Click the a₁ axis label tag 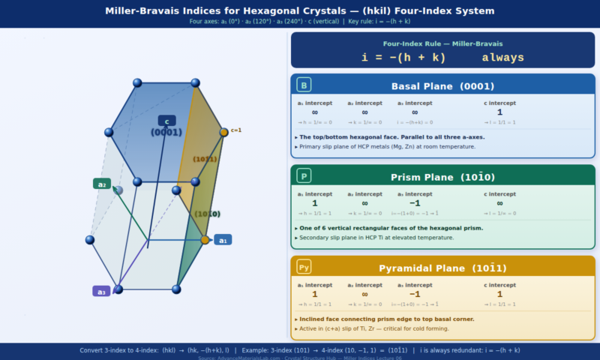[x=223, y=240]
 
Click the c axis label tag [x=166, y=121]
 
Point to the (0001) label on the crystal [x=166, y=132]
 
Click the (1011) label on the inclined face [x=205, y=159]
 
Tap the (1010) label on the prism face [x=208, y=214]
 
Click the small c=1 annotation [x=236, y=130]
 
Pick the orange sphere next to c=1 [x=223, y=133]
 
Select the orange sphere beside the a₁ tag [x=205, y=240]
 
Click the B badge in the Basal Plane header [x=304, y=85]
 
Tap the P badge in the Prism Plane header [x=304, y=176]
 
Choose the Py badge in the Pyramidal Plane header [x=304, y=268]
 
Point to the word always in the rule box [x=502, y=58]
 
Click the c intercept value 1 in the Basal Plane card [x=499, y=112]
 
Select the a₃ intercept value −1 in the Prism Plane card [x=414, y=203]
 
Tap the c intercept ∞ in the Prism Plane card [x=499, y=203]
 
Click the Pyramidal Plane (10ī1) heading [x=442, y=268]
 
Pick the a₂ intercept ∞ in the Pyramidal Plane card [x=364, y=294]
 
